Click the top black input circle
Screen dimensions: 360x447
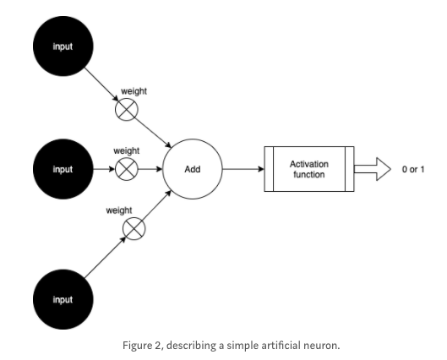coord(62,46)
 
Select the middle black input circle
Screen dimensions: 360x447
coord(62,169)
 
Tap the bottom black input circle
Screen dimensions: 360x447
coord(62,298)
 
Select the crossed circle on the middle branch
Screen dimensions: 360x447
coord(126,169)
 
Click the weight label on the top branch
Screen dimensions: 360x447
coord(135,90)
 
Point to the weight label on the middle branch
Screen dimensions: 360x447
coord(127,150)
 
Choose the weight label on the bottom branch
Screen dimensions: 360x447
coord(118,210)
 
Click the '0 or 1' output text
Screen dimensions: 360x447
coord(413,169)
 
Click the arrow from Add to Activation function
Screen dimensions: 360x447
coord(245,169)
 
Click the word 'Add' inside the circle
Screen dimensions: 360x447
coord(193,169)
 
